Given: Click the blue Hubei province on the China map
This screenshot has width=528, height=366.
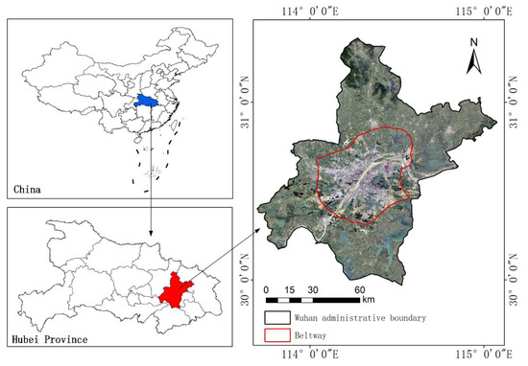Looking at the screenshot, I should click(146, 99).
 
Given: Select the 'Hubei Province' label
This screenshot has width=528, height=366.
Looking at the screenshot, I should click(47, 339).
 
